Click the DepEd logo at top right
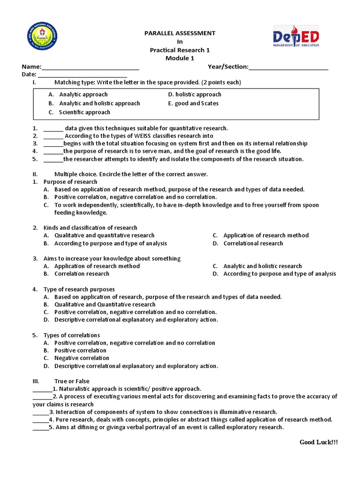click(x=296, y=37)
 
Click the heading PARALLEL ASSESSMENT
click(x=180, y=33)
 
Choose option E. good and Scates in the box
click(x=193, y=103)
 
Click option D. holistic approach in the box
click(x=195, y=94)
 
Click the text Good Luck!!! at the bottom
click(x=318, y=442)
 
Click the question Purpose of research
click(x=70, y=181)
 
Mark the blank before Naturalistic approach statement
click(x=42, y=389)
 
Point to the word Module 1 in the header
click(x=180, y=58)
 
